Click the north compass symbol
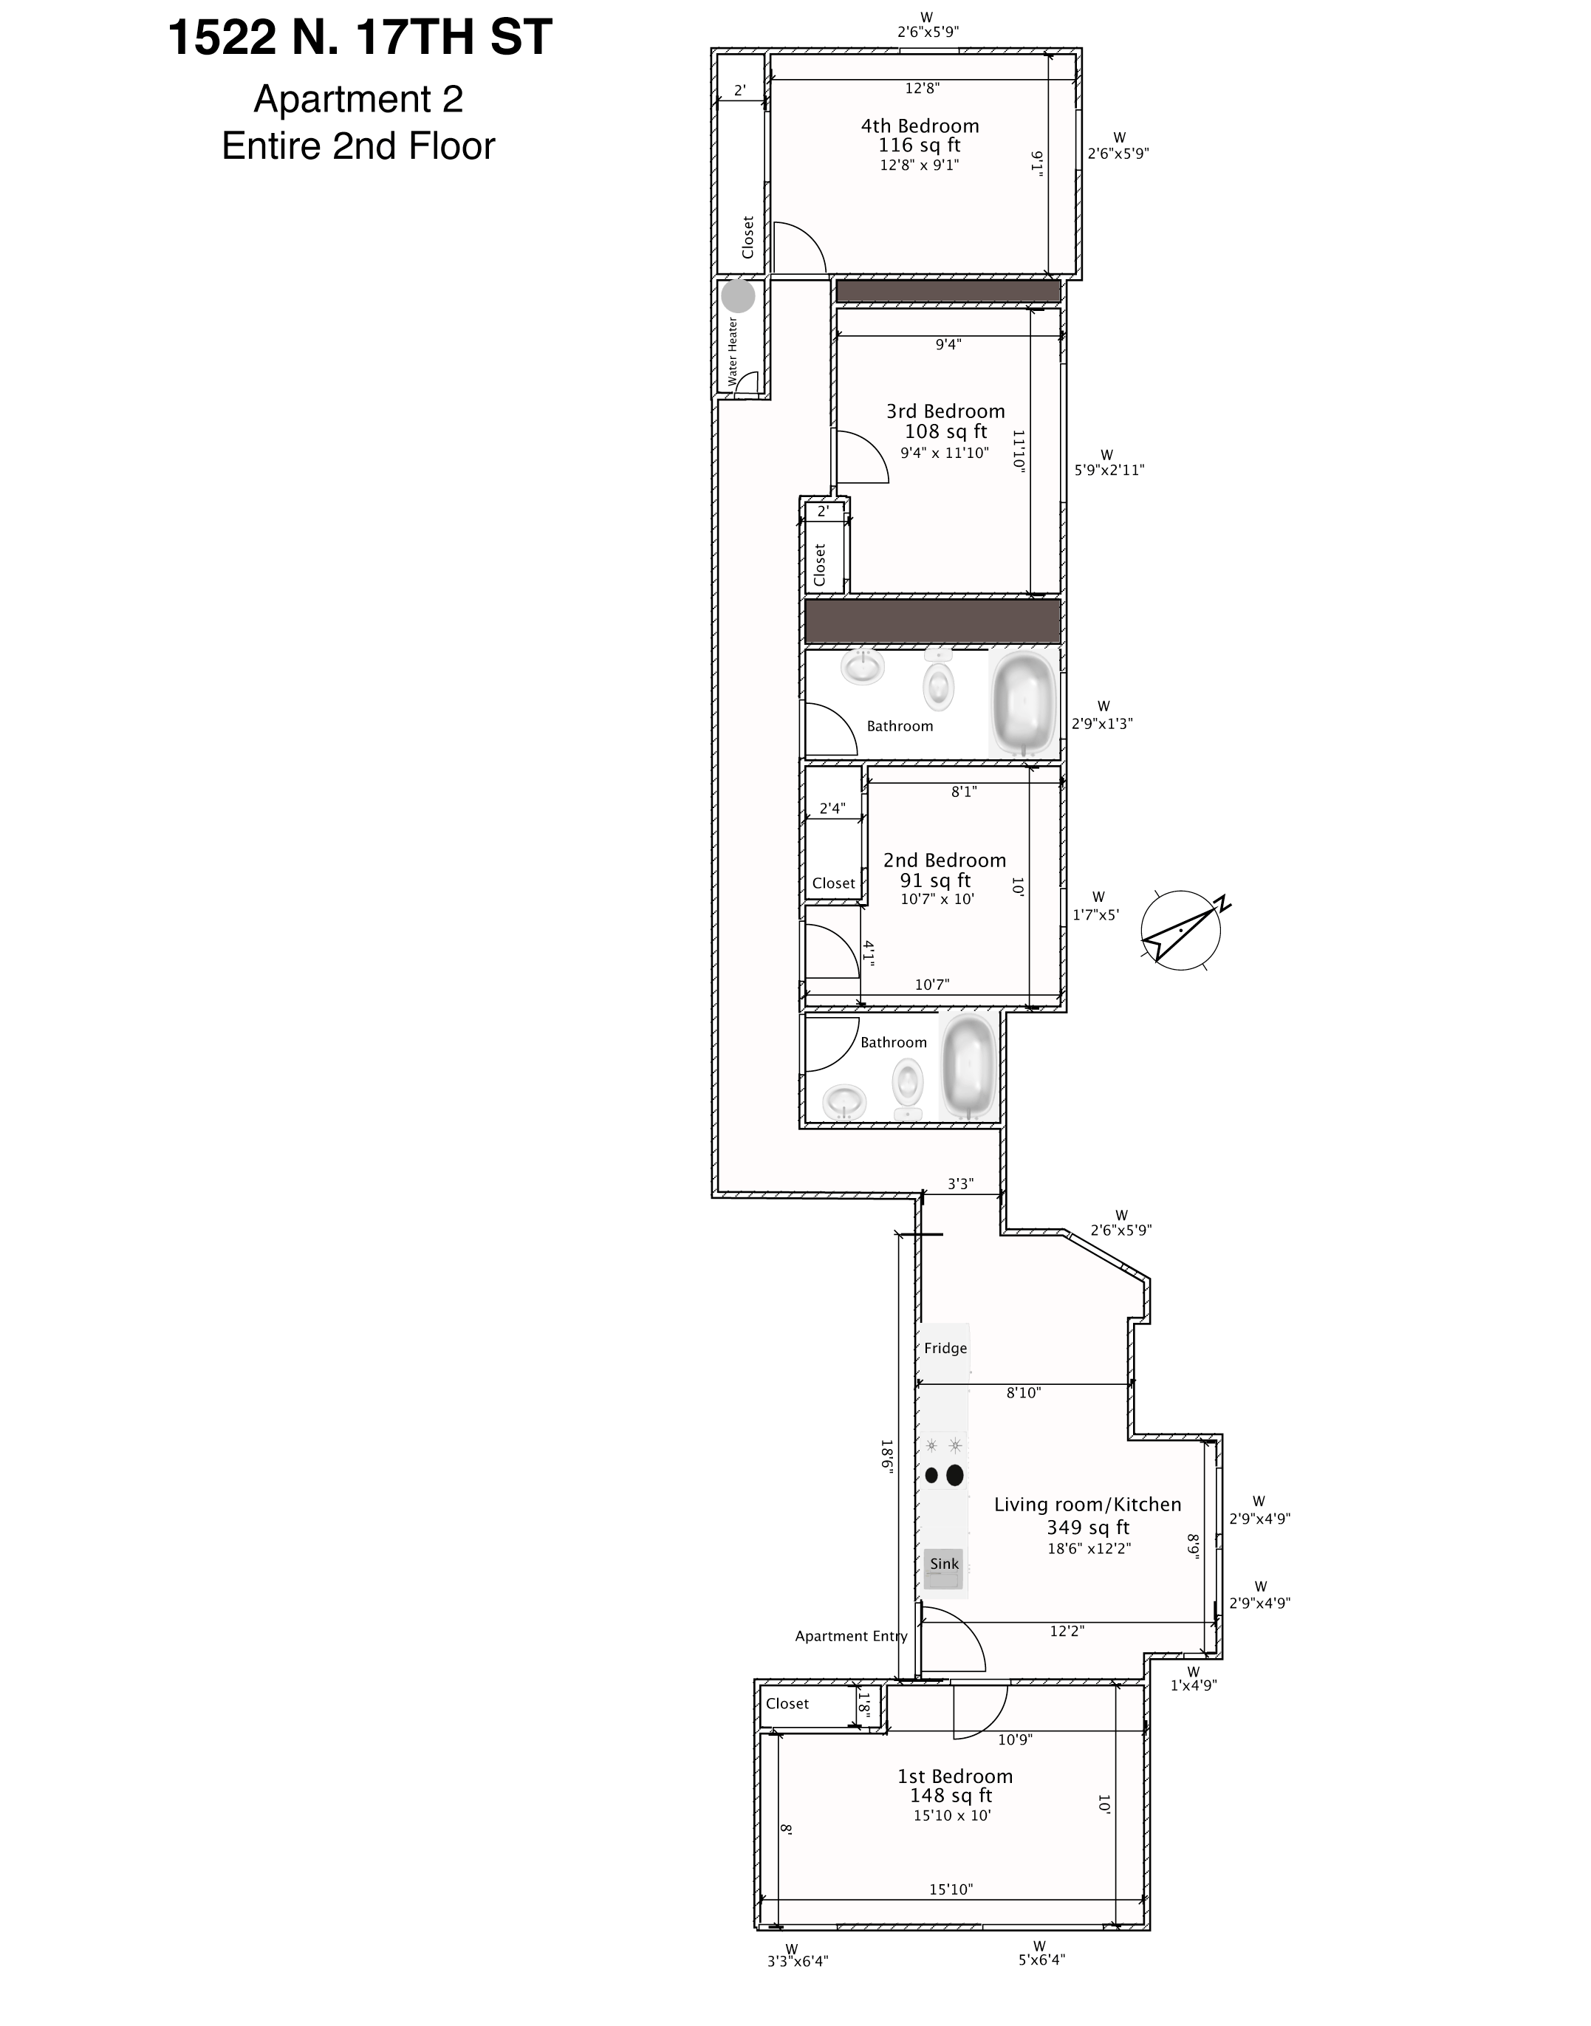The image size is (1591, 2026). (1181, 930)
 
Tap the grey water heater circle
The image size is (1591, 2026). (739, 296)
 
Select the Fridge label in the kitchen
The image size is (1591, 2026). (945, 1348)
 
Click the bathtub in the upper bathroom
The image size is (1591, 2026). (1024, 704)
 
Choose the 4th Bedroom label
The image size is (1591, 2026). (920, 126)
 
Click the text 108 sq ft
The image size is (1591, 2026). (945, 431)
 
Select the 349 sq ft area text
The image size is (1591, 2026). (1088, 1527)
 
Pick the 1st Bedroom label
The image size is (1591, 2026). (955, 1776)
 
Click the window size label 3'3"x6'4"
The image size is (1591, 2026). (798, 1960)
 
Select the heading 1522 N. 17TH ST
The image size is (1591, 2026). (360, 38)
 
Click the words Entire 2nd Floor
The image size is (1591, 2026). (359, 146)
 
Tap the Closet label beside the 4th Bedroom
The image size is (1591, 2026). (747, 238)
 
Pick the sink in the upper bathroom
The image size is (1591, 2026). (863, 667)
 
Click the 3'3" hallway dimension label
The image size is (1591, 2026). (960, 1184)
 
